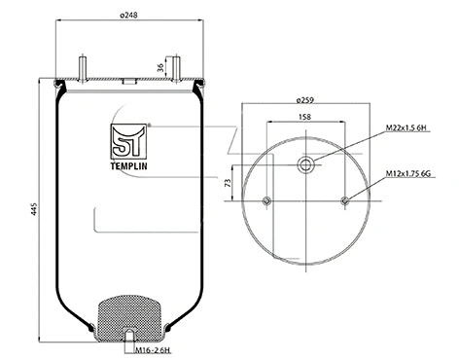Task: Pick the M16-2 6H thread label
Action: [x=153, y=349]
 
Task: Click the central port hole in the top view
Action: [x=306, y=165]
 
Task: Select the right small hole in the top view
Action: [x=346, y=201]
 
